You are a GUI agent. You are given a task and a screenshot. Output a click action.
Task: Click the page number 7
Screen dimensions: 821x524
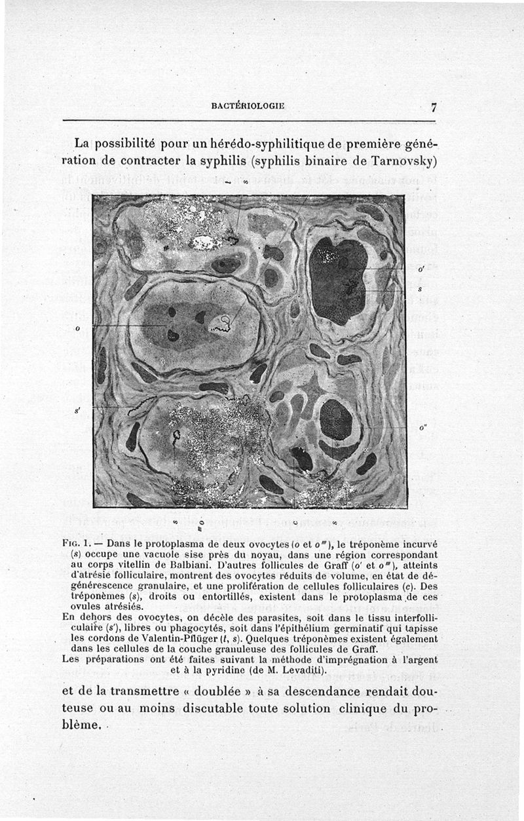pos(434,108)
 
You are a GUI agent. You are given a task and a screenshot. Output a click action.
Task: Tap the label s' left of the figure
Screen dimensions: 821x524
pos(78,410)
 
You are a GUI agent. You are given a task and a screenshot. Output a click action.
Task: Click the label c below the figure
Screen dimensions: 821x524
pos(296,522)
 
